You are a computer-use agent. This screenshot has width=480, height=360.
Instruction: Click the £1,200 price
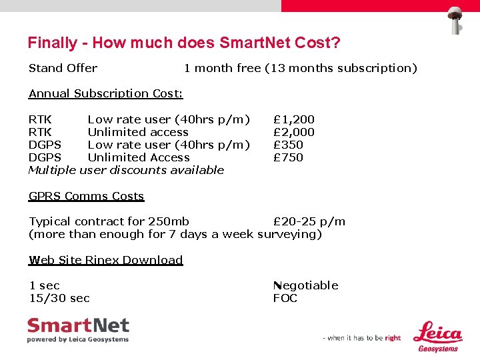[294, 119]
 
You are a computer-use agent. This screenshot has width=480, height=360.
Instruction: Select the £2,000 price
[294, 132]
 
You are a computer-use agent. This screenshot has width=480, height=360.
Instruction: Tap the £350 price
[288, 145]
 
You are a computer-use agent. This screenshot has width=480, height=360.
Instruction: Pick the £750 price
[288, 157]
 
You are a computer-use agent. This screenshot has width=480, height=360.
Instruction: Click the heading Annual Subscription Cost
[105, 93]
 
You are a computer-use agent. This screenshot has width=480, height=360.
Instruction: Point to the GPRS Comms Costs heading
[86, 196]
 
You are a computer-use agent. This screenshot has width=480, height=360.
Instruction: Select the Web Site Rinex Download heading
[105, 260]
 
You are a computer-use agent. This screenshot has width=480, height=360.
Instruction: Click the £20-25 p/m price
[309, 221]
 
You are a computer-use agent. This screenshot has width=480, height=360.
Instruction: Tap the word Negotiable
[305, 285]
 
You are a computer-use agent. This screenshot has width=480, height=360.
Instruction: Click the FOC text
[285, 298]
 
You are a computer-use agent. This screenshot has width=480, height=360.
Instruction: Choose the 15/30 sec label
[59, 298]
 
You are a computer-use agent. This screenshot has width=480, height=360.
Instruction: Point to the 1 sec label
[44, 285]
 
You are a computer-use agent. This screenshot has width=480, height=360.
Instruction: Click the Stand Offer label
[63, 68]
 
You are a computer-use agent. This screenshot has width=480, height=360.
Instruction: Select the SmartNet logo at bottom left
[78, 330]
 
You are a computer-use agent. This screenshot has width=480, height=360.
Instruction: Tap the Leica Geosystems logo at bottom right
[438, 337]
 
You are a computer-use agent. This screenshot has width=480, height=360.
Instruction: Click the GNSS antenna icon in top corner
[456, 20]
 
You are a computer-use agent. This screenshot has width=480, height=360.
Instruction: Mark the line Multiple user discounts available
[126, 170]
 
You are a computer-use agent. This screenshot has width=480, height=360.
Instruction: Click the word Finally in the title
[52, 43]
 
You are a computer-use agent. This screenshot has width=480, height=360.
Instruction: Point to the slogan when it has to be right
[362, 338]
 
